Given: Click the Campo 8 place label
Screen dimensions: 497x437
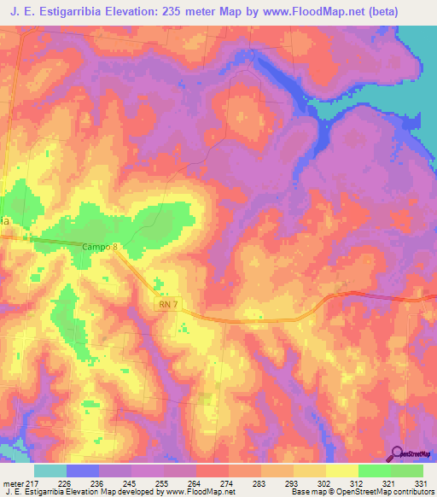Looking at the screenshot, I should tap(101, 247).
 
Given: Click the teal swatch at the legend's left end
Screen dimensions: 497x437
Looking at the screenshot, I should tap(50, 471).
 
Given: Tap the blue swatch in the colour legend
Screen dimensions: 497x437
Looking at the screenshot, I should tap(83, 471).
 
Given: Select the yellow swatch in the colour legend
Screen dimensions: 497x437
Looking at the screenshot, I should tap(341, 471).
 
